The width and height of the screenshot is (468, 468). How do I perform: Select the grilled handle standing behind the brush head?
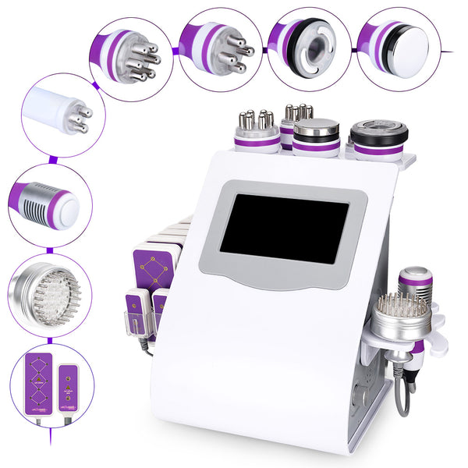[415, 282]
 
